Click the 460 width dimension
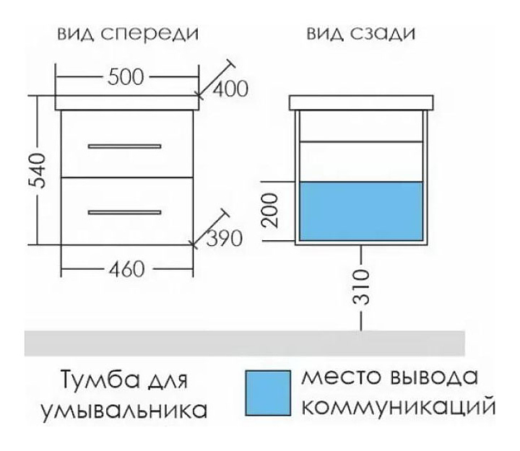127,269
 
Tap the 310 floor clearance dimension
365,286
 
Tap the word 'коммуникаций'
397,408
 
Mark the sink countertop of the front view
127,104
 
